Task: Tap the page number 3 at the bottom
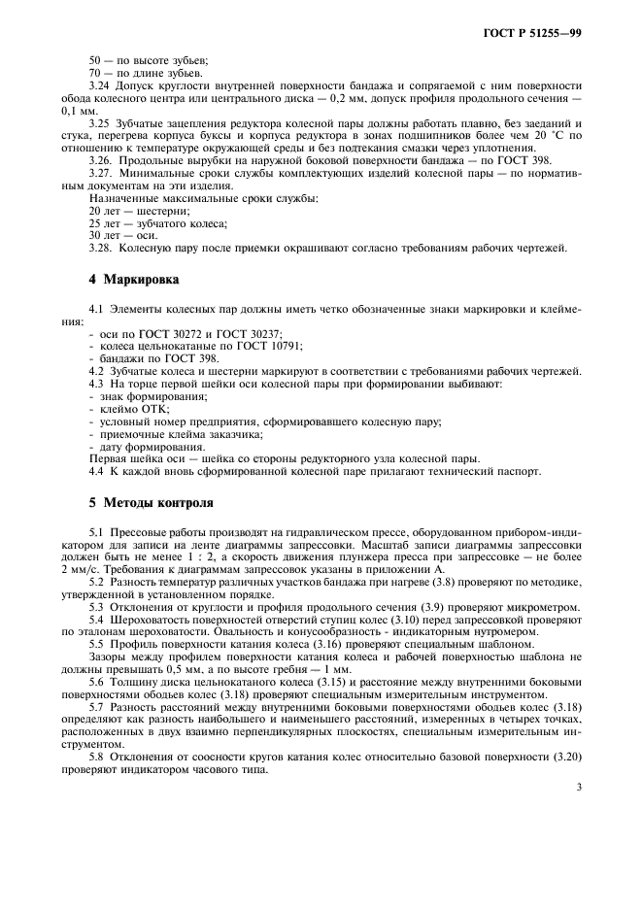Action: [x=579, y=788]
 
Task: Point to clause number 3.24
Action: [x=100, y=85]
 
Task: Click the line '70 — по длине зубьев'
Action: [x=145, y=73]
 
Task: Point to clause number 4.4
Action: [x=100, y=471]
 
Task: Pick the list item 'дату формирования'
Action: [x=144, y=446]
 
